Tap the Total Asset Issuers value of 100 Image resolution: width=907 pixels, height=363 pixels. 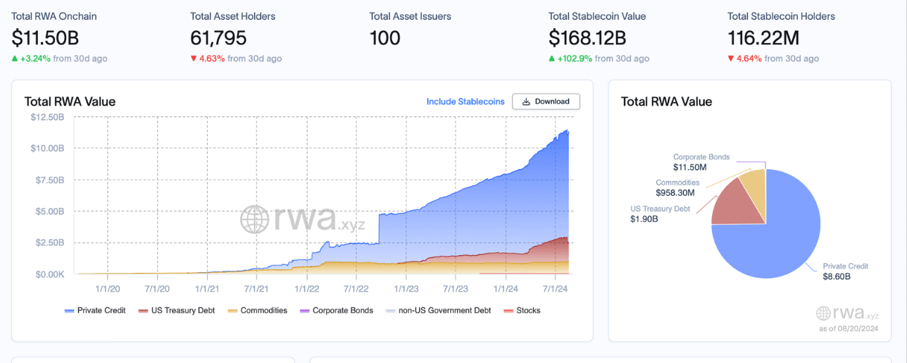click(385, 37)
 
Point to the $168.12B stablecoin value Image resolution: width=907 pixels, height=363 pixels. click(587, 37)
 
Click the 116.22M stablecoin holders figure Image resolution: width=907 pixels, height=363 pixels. click(767, 37)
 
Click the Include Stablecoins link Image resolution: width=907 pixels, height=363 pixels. click(465, 101)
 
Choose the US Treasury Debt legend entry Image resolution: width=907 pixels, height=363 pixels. click(177, 310)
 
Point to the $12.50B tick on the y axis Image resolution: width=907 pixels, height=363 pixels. click(48, 117)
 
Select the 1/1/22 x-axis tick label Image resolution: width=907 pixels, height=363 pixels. click(306, 288)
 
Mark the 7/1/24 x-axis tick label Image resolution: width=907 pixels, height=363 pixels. click(556, 288)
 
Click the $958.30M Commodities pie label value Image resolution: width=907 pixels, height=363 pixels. click(675, 192)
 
